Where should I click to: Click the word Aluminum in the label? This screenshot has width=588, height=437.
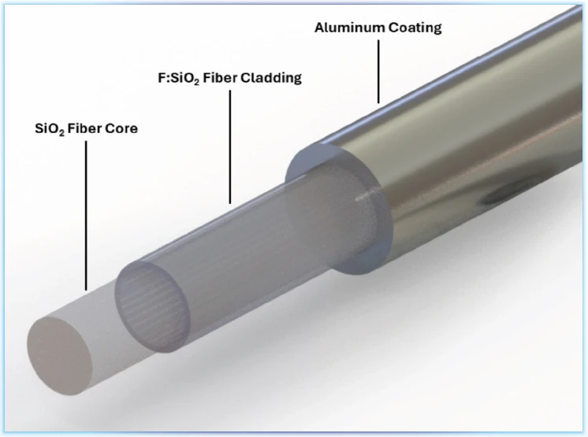click(x=349, y=28)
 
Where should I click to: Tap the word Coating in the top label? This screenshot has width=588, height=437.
click(x=415, y=28)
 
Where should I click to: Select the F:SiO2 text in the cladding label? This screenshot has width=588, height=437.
click(x=178, y=78)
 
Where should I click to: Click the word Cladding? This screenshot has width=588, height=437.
click(x=271, y=78)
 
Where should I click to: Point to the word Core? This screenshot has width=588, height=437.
click(x=121, y=128)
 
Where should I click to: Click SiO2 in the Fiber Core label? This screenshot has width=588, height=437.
click(x=50, y=129)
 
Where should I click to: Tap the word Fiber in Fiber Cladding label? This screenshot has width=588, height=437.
click(x=220, y=78)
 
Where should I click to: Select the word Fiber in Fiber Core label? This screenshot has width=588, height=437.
click(x=84, y=128)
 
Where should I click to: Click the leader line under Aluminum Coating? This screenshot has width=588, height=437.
click(x=378, y=72)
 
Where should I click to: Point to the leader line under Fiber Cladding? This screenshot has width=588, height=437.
click(x=230, y=146)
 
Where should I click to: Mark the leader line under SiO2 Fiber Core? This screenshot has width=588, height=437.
click(x=86, y=215)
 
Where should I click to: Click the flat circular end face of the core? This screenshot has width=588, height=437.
click(x=59, y=355)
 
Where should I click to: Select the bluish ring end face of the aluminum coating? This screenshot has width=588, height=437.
click(x=337, y=209)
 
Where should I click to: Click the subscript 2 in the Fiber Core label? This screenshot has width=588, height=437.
click(x=62, y=132)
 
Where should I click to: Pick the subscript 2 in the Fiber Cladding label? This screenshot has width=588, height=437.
click(x=197, y=82)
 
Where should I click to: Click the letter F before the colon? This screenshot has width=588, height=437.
click(x=162, y=78)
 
